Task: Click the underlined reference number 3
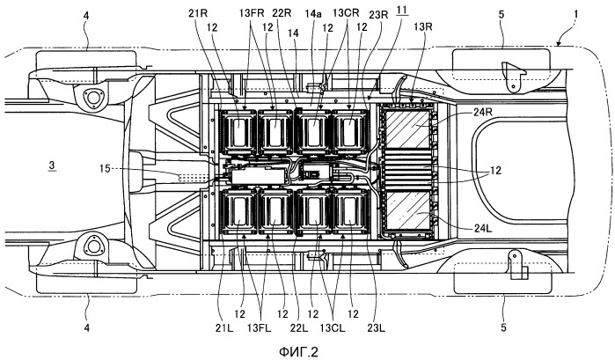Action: [x=52, y=165]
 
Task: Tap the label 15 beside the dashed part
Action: [x=105, y=169]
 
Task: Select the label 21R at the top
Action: [x=197, y=13]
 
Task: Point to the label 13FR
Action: [x=253, y=13]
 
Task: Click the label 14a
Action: [x=313, y=14]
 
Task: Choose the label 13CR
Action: [x=346, y=12]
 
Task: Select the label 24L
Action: [x=483, y=228]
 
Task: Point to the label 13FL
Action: [x=259, y=327]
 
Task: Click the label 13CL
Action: [x=333, y=327]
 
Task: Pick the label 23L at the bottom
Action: [x=376, y=327]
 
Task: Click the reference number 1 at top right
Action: [x=575, y=14]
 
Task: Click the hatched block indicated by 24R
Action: [x=408, y=129]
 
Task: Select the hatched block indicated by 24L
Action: [x=408, y=210]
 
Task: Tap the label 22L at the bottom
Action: [x=299, y=327]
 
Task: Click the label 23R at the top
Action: [x=378, y=15]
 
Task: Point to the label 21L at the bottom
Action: [x=224, y=327]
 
